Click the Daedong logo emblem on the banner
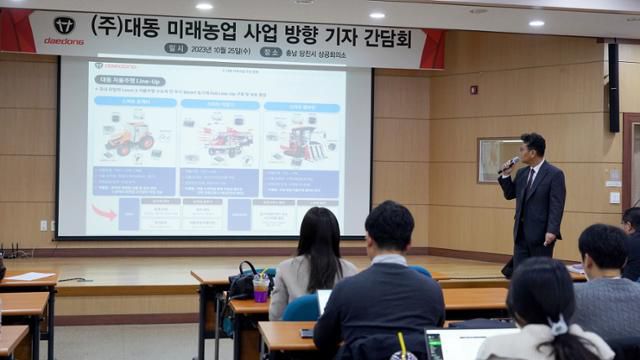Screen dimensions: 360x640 click(64, 25)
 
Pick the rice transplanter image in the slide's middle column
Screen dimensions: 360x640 click(228, 140)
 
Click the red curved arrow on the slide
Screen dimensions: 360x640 click(104, 211)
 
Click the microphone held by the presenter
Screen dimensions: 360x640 click(509, 164)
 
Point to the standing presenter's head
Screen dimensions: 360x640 click(533, 147)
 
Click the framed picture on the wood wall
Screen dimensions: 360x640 click(497, 159)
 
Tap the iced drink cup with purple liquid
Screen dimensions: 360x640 click(261, 288)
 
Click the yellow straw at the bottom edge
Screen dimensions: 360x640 click(402, 343)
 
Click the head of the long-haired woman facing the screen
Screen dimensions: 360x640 click(319, 235)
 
